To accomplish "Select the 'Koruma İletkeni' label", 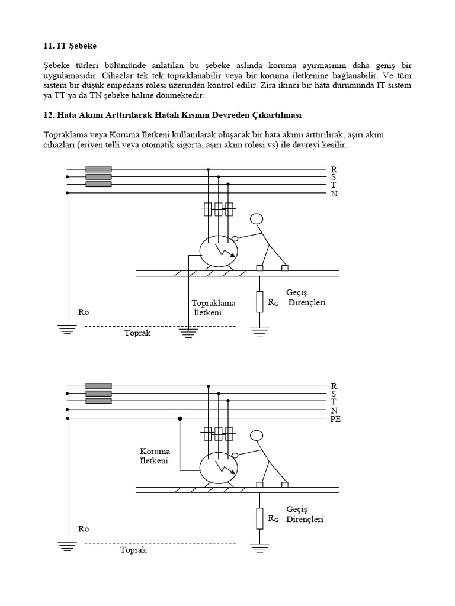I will click(x=155, y=456).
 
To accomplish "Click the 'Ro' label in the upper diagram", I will click(x=83, y=312).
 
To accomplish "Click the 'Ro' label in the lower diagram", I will click(x=83, y=528).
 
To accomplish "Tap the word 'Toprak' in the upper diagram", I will click(x=137, y=333).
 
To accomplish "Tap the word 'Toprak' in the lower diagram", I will click(x=133, y=550).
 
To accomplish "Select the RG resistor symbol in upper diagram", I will click(x=259, y=302).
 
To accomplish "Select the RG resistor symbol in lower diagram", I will click(x=259, y=518).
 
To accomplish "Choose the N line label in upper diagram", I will click(x=334, y=194).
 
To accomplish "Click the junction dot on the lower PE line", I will click(x=180, y=419).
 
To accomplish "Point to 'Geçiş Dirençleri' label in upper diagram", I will click(x=306, y=298).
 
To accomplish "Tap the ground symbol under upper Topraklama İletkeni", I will click(x=188, y=334).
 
